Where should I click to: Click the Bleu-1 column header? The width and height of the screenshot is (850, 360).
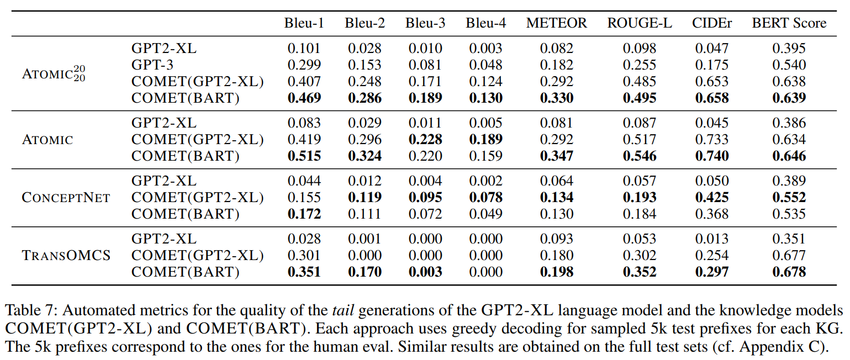(304, 23)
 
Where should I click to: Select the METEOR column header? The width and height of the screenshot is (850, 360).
(556, 23)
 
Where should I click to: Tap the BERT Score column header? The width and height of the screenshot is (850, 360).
(789, 23)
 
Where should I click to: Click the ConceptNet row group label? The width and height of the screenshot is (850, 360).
(66, 198)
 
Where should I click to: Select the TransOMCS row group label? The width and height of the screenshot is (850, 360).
(66, 256)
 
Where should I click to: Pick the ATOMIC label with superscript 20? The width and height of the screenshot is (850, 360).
(54, 73)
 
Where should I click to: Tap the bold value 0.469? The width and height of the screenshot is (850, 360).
(304, 98)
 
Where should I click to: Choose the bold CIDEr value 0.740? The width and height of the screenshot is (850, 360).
(711, 156)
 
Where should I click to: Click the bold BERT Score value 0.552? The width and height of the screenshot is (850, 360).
(789, 198)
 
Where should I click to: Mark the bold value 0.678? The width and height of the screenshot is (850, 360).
(789, 272)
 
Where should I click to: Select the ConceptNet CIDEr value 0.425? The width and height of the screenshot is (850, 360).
(711, 198)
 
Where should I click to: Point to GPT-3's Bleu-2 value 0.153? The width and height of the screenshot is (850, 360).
(365, 65)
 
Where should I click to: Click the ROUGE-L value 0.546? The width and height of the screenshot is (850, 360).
(640, 156)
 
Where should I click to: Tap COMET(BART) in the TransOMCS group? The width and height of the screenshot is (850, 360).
(185, 272)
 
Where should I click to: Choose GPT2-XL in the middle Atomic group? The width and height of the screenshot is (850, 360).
(163, 123)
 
